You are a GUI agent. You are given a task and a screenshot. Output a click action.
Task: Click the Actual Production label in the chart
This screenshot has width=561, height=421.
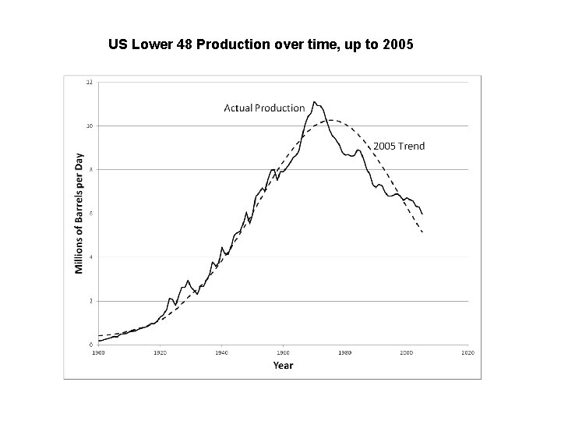264,108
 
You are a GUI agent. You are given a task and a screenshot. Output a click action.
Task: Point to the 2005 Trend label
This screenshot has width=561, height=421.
400,146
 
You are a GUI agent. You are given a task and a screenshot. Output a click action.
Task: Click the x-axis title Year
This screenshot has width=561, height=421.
283,365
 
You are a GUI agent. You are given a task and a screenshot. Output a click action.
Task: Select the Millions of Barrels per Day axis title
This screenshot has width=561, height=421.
79,213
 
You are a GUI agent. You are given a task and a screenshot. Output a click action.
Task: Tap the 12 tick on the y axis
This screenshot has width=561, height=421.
89,82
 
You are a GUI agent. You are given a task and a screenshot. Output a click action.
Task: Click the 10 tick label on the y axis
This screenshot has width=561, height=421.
89,126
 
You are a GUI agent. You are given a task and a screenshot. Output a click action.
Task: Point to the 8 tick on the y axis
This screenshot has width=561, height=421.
90,169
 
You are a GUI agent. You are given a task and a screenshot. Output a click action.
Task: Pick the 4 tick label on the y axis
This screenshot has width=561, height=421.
90,256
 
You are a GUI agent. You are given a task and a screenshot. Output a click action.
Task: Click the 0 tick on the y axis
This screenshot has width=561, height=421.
90,344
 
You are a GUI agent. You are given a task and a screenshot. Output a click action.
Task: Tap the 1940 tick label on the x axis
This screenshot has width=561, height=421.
221,352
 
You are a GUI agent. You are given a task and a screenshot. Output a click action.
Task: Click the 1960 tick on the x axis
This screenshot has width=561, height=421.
283,352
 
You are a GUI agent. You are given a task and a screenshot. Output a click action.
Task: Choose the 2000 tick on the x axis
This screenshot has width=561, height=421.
407,352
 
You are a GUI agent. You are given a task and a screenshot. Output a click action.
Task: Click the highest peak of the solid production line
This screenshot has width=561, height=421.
314,101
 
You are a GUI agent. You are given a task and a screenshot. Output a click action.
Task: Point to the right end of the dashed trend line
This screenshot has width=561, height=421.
422,232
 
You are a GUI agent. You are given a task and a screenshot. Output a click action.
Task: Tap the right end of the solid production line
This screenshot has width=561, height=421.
422,214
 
